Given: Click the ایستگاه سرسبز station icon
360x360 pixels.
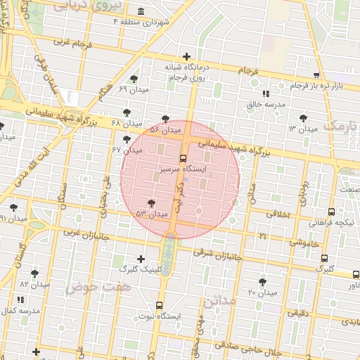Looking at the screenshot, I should coord(184,158).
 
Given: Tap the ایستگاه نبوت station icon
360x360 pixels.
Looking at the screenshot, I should coord(160,305).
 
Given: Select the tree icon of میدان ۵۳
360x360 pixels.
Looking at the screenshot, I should coord(151,203).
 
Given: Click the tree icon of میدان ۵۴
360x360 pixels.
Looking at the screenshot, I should coord(165,119).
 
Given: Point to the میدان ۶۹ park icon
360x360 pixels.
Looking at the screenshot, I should coord(134,79).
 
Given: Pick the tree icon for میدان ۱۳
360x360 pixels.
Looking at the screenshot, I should coord(303,118).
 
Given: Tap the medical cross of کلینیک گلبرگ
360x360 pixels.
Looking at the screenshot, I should coord(141,259).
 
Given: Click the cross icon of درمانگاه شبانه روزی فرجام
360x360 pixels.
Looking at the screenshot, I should coord(186,56).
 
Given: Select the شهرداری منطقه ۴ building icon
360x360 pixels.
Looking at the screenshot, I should coord(141,12).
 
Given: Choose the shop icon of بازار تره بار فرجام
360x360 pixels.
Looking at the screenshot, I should coord(316,75).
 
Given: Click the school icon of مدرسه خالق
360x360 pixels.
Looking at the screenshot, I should coord(265,94).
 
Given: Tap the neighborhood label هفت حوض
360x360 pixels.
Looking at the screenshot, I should coord(90,287).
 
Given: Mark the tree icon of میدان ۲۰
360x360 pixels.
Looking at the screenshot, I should coord(262,282).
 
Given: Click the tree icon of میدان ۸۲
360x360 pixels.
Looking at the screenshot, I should coord(34,274).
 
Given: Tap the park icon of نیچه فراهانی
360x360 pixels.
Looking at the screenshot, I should coord(331,212).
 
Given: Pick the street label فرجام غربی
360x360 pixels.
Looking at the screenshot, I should coord(69,42).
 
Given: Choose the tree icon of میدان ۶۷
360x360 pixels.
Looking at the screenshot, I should coord(127,139).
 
